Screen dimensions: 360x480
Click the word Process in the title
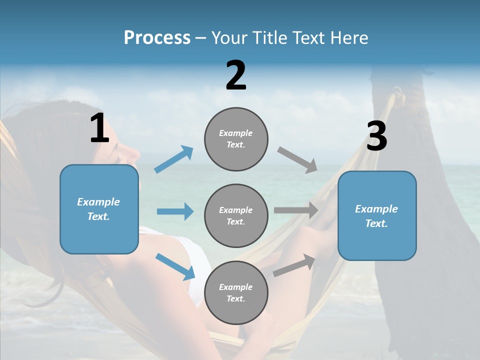(x=157, y=38)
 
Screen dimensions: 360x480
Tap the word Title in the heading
(x=268, y=38)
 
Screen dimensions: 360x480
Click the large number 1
(x=100, y=128)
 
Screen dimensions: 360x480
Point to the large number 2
(x=236, y=75)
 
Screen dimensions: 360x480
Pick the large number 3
(x=376, y=136)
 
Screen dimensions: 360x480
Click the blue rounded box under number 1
(x=99, y=209)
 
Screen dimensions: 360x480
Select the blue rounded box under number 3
(x=377, y=216)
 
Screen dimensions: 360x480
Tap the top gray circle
(x=236, y=139)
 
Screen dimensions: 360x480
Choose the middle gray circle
(x=236, y=216)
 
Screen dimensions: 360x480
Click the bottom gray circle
(x=236, y=293)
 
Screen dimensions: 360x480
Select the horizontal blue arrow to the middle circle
(x=175, y=211)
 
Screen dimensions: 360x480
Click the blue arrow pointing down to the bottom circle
(x=175, y=266)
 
